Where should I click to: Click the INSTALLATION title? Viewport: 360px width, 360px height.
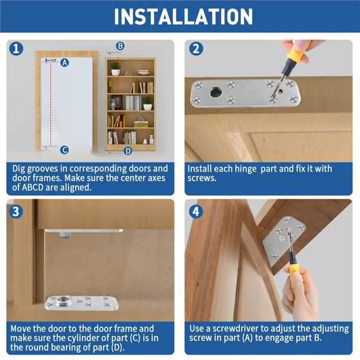[x=183, y=17]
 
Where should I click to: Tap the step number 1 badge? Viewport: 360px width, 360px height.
[x=16, y=49]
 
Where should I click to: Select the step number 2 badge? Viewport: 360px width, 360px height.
[x=196, y=49]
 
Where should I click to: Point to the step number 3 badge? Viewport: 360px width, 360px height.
[x=16, y=211]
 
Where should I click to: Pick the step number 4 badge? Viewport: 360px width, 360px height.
[x=196, y=211]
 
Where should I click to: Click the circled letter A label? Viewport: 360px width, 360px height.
[x=65, y=63]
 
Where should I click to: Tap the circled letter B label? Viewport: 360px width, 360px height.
[x=120, y=46]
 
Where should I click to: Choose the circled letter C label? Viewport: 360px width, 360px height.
[x=64, y=150]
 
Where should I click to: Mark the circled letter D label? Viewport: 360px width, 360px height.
[x=128, y=151]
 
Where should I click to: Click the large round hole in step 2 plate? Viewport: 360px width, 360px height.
[x=216, y=92]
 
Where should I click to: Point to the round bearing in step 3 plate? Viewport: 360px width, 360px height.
[x=62, y=299]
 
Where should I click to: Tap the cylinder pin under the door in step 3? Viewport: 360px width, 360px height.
[x=65, y=234]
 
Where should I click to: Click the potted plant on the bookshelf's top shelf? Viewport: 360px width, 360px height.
[x=115, y=68]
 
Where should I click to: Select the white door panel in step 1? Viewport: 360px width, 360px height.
[x=67, y=103]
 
